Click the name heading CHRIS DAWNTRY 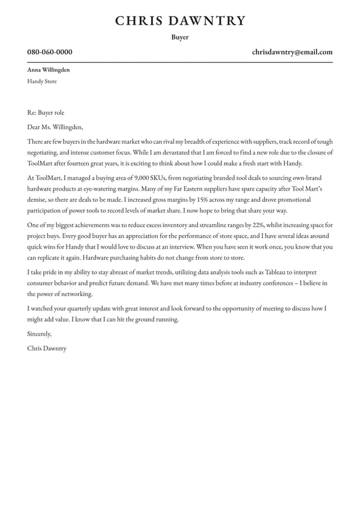pos(180,21)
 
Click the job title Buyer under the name pos(180,38)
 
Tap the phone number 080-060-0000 pos(49,52)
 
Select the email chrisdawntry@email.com pos(292,52)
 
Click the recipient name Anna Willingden pos(48,70)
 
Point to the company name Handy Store pos(42,81)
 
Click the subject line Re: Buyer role pos(46,113)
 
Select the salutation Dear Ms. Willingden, pos(55,127)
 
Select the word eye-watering pos(105,189)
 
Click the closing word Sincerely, pos(39,334)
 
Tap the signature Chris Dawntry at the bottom pos(47,349)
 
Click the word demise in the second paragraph pos(37,200)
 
